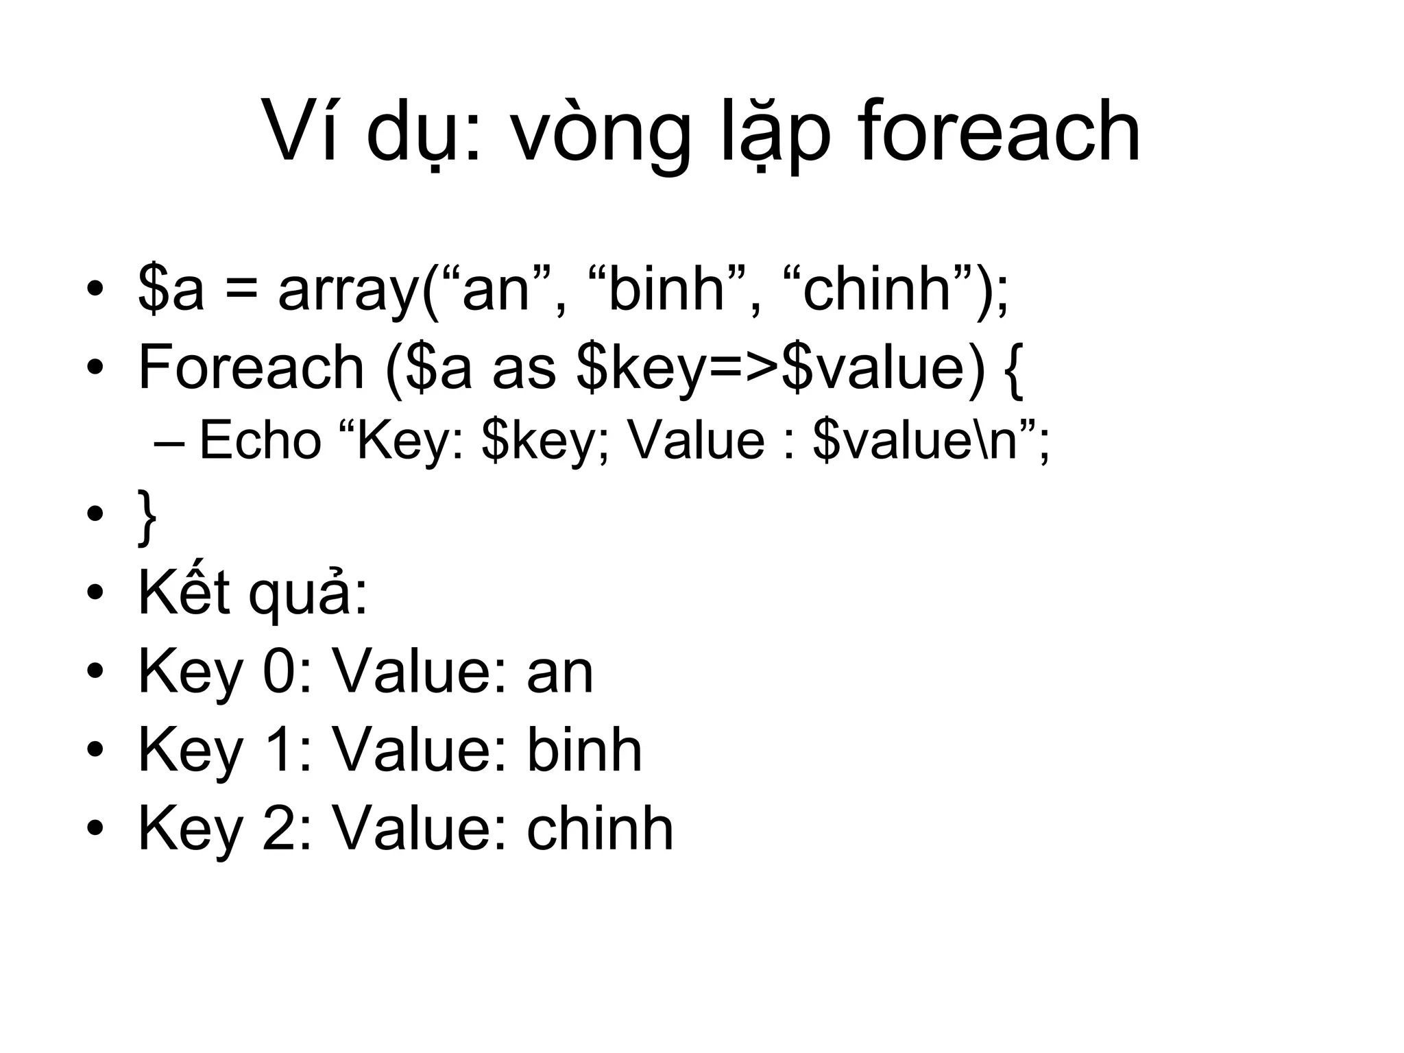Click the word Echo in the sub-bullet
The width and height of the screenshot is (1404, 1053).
pos(260,440)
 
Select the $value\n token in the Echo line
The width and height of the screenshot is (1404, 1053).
pos(915,440)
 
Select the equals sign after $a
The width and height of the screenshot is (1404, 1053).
pos(241,290)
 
